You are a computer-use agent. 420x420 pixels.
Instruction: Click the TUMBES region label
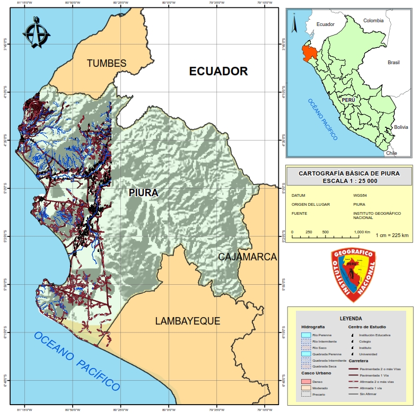pos(107,63)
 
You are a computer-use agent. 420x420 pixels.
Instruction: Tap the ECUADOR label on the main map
pos(218,71)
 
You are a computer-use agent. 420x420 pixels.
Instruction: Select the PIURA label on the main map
pos(143,193)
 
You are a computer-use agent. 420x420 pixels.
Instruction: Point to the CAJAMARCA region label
pos(248,257)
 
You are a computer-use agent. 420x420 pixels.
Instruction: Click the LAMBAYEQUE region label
pos(187,321)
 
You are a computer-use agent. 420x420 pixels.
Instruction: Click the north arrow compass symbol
pos(36,33)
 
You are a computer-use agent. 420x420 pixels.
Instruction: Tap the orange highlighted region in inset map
pos(309,52)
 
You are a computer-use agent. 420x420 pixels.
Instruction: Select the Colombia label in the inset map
pos(373,21)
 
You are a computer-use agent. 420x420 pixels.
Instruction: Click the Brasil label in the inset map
pos(393,63)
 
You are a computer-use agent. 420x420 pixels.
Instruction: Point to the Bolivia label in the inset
pos(401,127)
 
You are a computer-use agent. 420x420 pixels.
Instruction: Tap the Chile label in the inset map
pos(391,153)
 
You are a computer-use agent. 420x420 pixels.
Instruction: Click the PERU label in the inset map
pos(348,99)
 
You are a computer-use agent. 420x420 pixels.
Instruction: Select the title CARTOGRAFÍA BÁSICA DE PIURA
pos(349,173)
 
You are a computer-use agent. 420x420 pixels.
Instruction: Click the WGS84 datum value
pos(360,195)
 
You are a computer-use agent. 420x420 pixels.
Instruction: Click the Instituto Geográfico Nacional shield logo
pos(353,275)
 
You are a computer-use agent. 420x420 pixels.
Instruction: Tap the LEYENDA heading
pos(351,319)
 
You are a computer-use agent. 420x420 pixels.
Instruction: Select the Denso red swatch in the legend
pos(305,381)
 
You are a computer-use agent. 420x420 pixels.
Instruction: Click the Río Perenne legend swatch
pos(305,335)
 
